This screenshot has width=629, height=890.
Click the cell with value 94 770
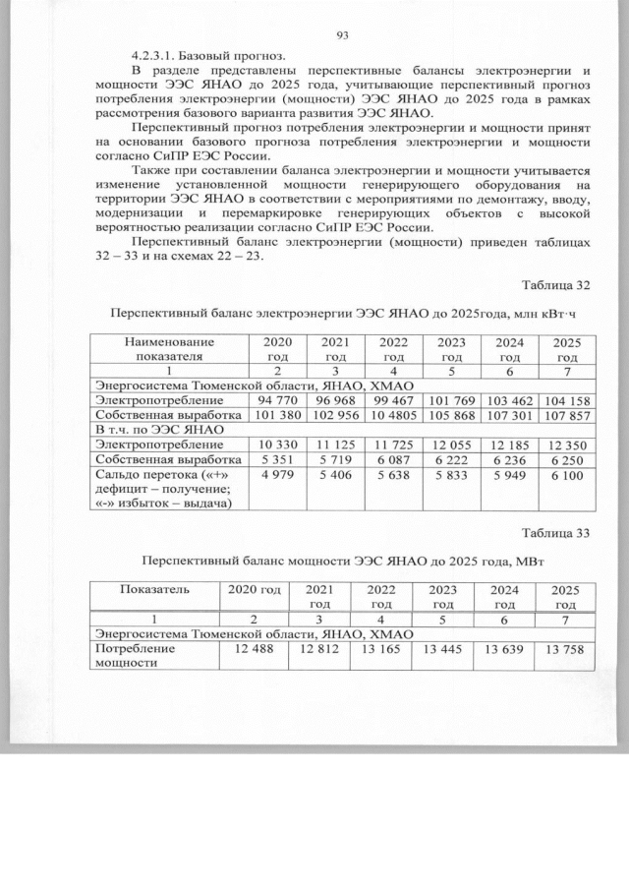(277, 401)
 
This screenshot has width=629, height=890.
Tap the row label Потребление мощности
(133, 657)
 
